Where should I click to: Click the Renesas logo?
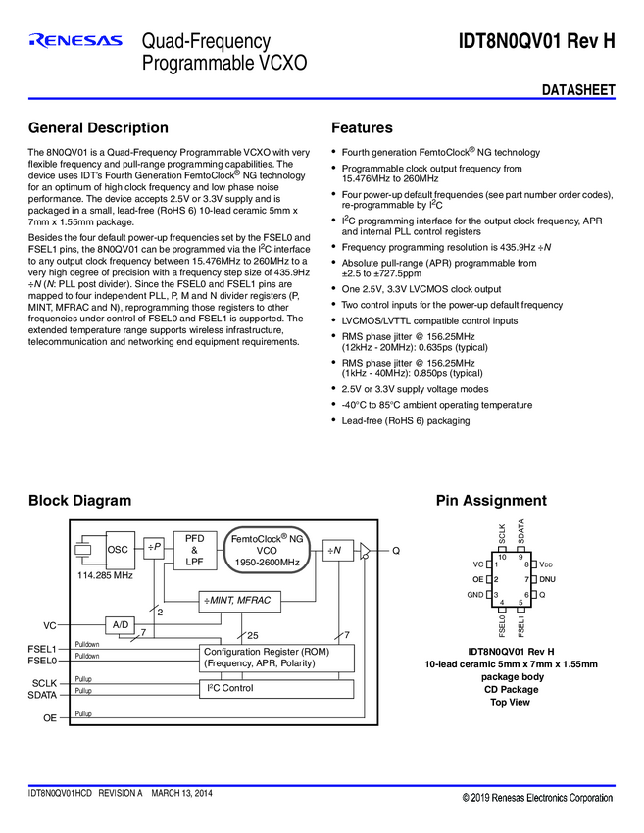click(x=75, y=41)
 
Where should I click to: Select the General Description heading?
click(x=98, y=128)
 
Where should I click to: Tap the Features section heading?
click(x=362, y=128)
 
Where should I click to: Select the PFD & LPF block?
click(x=194, y=550)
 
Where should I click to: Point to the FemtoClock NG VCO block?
click(x=267, y=551)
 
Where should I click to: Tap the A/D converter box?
click(x=121, y=624)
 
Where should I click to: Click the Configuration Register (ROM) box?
click(x=276, y=658)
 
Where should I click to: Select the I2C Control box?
click(x=276, y=688)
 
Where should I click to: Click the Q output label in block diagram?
click(x=396, y=551)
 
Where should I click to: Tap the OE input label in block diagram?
click(x=49, y=718)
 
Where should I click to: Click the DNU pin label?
click(x=547, y=579)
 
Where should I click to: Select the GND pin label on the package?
click(x=474, y=595)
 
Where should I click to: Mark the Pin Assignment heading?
click(x=490, y=501)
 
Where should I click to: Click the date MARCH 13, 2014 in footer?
click(x=181, y=793)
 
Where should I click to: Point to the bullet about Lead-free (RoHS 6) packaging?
click(x=405, y=420)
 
